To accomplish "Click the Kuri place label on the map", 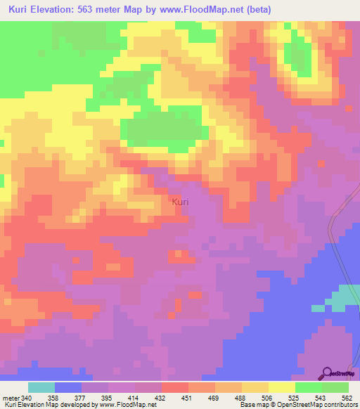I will pos(180,202).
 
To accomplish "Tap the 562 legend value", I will pos(348,396).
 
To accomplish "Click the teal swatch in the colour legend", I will pos(41,387).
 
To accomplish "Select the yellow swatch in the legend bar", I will pos(281,387).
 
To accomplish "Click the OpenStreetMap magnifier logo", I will pos(327,372).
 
